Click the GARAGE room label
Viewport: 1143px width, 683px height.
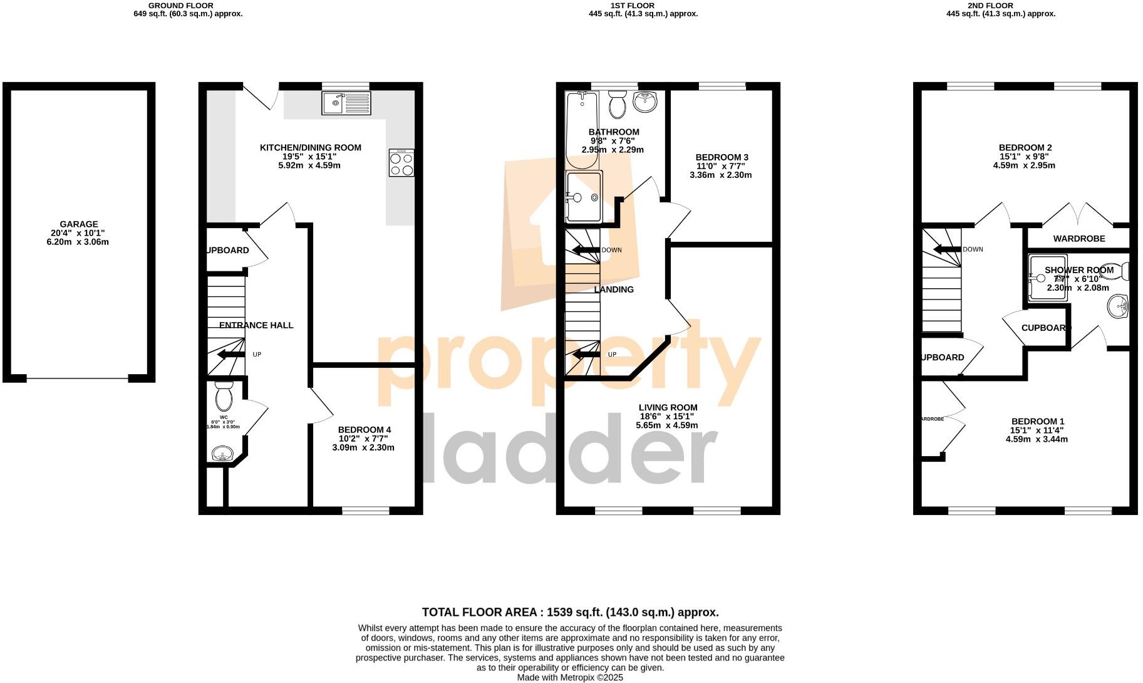tap(79, 224)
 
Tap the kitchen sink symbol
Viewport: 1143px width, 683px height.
tap(346, 103)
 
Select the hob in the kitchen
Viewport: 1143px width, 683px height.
tap(401, 163)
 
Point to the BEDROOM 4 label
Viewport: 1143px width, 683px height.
tap(364, 430)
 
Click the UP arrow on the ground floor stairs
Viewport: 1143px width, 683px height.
tap(230, 355)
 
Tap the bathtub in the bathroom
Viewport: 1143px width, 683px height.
tap(581, 130)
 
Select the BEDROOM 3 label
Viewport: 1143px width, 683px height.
tap(721, 157)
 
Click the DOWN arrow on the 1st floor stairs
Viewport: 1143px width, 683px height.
tap(586, 251)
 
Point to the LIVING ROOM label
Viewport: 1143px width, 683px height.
tap(668, 408)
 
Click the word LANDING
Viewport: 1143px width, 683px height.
tap(614, 289)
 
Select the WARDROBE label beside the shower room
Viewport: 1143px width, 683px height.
tap(1078, 239)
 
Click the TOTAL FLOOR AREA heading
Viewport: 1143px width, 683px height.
tap(570, 612)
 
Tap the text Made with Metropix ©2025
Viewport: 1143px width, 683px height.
tap(570, 677)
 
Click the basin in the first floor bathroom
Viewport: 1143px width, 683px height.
tap(644, 101)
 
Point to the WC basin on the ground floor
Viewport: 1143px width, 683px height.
tap(222, 453)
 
